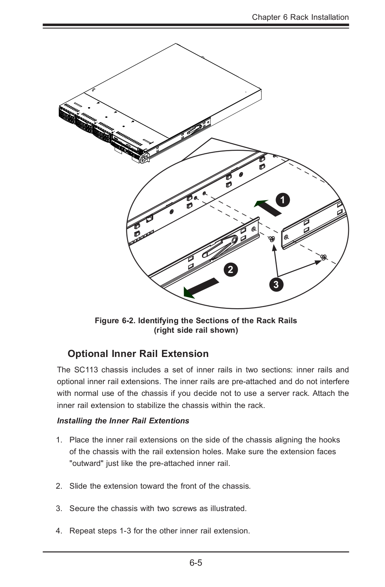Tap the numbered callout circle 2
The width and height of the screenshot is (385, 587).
230,270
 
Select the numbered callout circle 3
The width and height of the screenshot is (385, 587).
276,284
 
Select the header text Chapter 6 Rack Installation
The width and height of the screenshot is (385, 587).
300,17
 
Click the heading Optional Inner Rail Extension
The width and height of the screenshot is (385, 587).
138,354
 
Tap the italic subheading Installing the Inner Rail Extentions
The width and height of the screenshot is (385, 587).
123,421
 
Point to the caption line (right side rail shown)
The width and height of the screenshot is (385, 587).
196,330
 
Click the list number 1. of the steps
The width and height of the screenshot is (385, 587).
60,440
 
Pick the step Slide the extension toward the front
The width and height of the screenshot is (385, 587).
160,486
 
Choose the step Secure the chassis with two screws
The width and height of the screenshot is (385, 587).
158,508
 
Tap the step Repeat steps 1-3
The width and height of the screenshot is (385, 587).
160,531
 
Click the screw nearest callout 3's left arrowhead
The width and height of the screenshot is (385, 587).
272,239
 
